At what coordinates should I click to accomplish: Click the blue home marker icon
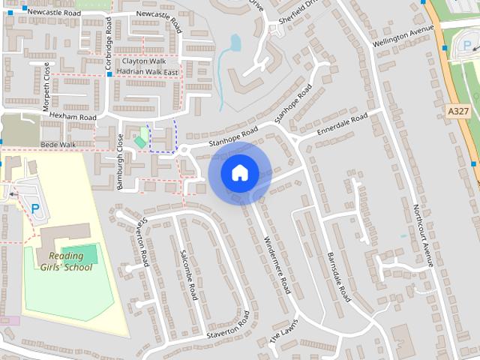[239, 173]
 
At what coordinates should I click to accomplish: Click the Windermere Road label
[277, 265]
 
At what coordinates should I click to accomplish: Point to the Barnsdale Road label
[338, 274]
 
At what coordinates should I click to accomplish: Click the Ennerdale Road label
[343, 125]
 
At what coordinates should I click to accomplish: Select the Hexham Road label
[73, 118]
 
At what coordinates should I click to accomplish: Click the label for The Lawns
[284, 330]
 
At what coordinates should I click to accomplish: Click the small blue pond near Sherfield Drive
[235, 43]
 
